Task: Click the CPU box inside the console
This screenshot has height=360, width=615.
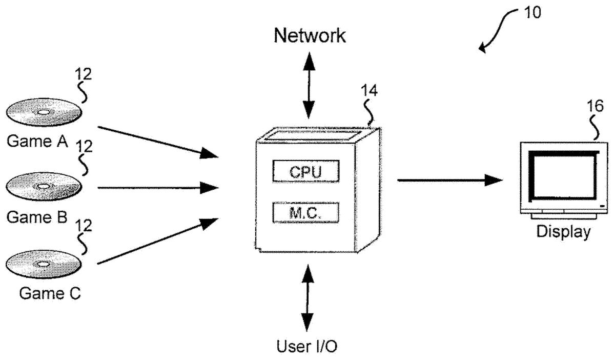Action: coord(306,171)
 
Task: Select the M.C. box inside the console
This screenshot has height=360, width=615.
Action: coord(306,213)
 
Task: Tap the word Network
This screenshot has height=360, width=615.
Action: coord(310,35)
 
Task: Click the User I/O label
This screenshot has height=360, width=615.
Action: coord(307,347)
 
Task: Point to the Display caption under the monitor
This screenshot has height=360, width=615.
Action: coord(563,231)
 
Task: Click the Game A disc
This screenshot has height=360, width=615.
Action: coord(43,113)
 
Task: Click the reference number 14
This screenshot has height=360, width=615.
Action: coord(368,92)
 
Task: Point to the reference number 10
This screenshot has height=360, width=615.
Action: coord(532,12)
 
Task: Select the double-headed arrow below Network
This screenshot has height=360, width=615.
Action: coord(309,85)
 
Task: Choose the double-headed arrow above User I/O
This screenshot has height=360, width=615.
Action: coord(307,298)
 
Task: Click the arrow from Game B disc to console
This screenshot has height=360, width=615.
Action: coord(158,187)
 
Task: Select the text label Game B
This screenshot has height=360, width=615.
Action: coord(37,217)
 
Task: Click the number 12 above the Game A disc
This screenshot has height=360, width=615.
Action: coord(82,75)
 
